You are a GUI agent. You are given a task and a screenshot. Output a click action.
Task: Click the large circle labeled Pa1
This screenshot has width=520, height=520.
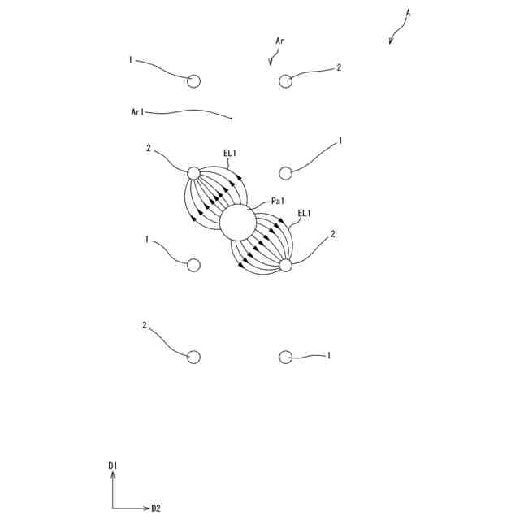pyautogui.click(x=238, y=223)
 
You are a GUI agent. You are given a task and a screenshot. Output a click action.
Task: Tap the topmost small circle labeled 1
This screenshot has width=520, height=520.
pyautogui.click(x=193, y=80)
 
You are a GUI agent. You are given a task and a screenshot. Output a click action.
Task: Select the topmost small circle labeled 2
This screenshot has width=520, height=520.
pyautogui.click(x=285, y=80)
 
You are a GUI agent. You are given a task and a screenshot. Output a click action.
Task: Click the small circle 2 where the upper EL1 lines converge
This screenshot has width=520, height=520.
pyautogui.click(x=193, y=172)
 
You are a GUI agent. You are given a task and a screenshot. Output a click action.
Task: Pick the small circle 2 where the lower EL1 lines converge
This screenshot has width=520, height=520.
pyautogui.click(x=285, y=265)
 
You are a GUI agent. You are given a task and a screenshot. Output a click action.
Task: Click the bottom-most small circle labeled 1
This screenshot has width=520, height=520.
pyautogui.click(x=285, y=357)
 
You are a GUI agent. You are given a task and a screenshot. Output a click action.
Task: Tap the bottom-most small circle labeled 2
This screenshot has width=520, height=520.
pyautogui.click(x=193, y=357)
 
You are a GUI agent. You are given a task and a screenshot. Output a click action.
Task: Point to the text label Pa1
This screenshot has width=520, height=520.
pyautogui.click(x=279, y=201)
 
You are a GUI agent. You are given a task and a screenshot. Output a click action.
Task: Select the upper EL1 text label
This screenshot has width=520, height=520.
pyautogui.click(x=230, y=152)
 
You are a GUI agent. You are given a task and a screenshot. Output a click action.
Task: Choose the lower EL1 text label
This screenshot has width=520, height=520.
pyautogui.click(x=305, y=213)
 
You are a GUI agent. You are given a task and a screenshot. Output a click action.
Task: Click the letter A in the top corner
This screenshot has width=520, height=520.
pyautogui.click(x=409, y=13)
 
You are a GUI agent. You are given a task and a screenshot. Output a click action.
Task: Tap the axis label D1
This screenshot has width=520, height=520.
pyautogui.click(x=113, y=466)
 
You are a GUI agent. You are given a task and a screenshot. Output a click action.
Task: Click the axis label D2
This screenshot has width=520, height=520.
pyautogui.click(x=156, y=509)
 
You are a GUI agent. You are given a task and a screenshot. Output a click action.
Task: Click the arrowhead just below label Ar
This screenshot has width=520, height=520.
pyautogui.click(x=271, y=63)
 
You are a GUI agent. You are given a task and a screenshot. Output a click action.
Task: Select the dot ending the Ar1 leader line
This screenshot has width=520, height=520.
pyautogui.click(x=232, y=119)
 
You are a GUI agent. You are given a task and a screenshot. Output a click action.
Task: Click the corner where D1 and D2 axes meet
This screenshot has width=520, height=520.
pyautogui.click(x=113, y=509)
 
